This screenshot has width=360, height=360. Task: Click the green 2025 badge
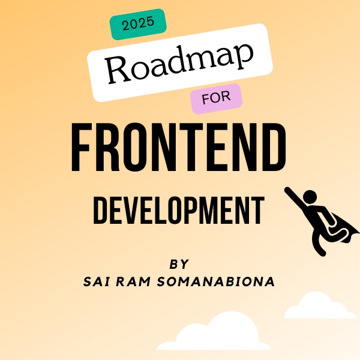point(138,24)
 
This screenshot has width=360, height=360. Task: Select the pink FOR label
point(216,98)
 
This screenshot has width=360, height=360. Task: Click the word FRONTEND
point(179,147)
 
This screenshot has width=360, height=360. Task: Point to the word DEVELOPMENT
point(179,210)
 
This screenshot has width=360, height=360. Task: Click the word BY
point(179,264)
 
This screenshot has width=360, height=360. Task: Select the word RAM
point(133,281)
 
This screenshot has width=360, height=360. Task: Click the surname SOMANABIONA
point(216,281)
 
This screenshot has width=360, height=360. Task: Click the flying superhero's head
point(310,197)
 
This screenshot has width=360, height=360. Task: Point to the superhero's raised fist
point(287,190)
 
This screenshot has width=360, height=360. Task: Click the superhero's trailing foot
point(322,253)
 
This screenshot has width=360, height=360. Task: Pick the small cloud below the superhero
point(320,306)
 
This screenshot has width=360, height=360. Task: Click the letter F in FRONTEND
point(81,147)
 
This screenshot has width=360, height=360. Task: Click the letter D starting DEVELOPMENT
point(100,210)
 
